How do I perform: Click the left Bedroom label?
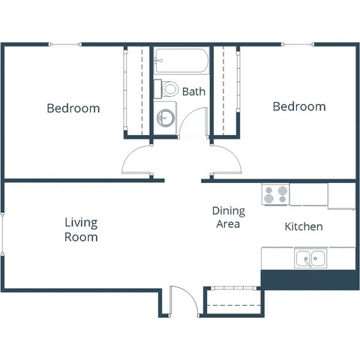point(73,108)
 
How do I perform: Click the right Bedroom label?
point(298,106)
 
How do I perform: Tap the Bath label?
point(193,91)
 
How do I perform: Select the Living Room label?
point(80,229)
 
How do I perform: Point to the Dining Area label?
point(228,217)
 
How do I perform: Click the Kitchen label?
point(303,226)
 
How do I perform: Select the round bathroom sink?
point(166,118)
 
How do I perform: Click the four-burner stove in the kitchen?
point(275,194)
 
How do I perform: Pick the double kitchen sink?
point(310,259)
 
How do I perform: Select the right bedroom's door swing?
point(225,160)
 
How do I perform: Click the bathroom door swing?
point(194,124)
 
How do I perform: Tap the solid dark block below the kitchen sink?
point(308,278)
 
